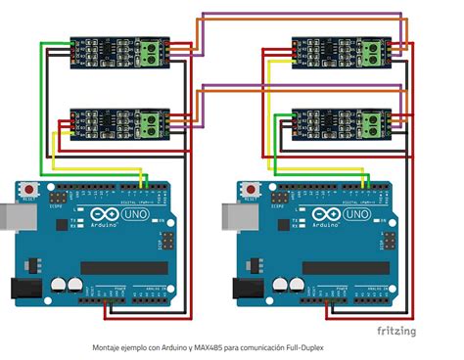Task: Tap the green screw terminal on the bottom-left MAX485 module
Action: point(151,123)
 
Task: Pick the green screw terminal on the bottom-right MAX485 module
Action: point(373,123)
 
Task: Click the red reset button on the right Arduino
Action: point(252,188)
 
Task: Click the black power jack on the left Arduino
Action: point(20,288)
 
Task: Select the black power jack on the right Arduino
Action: point(242,288)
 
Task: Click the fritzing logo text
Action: point(396,331)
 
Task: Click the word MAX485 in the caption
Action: point(207,347)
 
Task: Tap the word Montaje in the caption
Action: point(108,347)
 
